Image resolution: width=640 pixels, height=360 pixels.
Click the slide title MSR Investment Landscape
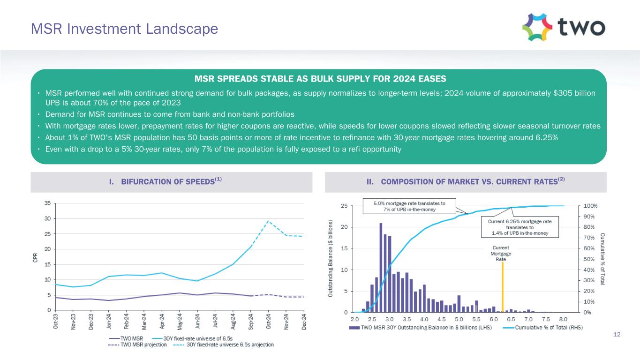coord(124,29)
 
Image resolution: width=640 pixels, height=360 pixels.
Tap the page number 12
coord(617,334)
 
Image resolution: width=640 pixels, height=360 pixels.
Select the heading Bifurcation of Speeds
coord(171,182)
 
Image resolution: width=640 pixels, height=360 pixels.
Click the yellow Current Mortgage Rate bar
coord(503,287)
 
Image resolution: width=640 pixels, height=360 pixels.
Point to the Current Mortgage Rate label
coord(500,253)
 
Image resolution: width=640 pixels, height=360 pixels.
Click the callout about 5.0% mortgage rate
coord(409,206)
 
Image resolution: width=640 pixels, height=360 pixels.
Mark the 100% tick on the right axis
coord(590,206)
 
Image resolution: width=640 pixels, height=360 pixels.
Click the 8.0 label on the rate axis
coord(563,318)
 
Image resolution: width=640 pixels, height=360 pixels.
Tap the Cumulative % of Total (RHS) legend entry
coord(549,328)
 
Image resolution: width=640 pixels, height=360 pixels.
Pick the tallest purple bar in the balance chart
coord(381,268)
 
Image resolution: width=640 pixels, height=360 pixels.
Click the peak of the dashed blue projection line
coord(268,221)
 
